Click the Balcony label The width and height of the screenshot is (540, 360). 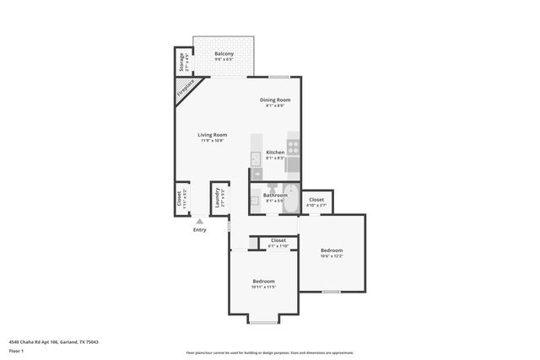223,54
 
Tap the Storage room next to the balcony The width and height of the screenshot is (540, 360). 181,63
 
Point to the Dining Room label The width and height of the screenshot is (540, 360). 275,100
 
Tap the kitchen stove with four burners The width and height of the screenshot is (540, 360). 293,145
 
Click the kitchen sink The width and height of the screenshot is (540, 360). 256,158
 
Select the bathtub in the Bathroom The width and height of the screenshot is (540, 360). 289,199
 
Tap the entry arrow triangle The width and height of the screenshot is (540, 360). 199,221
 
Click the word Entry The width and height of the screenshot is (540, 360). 199,229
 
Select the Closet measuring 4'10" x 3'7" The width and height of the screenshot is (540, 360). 316,201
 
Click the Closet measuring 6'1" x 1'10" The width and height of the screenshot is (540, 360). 278,242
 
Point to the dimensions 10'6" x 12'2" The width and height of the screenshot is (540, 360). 332,256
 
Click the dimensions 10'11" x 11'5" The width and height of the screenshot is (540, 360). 263,287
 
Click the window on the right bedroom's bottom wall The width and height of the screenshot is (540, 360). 331,292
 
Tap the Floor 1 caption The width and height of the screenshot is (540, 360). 16,350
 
